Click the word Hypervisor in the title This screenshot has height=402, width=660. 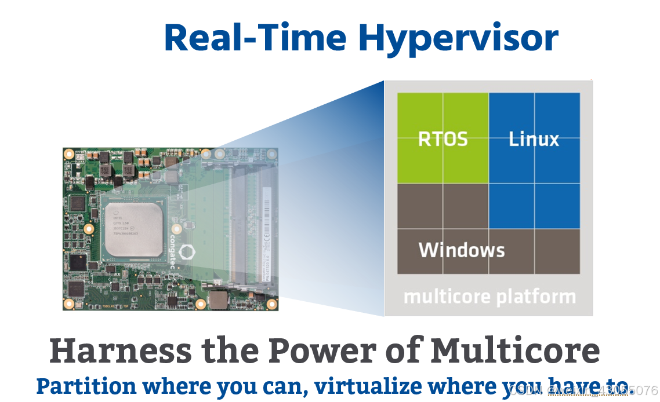coord(458,38)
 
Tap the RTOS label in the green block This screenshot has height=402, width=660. coord(443,139)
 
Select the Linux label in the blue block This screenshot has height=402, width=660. coord(534,139)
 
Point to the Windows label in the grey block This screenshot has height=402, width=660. coord(462,250)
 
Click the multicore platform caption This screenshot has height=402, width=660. coord(489,297)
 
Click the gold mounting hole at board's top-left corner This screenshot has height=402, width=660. coord(69,154)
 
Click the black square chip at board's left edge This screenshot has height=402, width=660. coord(77,203)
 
